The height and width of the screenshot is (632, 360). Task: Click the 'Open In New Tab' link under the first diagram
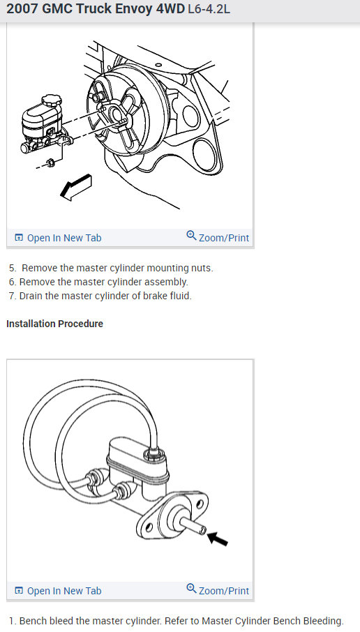click(x=63, y=238)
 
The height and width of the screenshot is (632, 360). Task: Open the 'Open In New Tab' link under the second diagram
click(x=63, y=591)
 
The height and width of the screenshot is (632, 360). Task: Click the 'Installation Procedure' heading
click(x=54, y=324)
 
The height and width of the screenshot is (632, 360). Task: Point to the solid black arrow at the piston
click(x=218, y=538)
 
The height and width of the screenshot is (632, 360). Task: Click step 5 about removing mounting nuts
click(x=112, y=268)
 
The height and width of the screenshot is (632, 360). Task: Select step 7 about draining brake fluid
click(x=100, y=296)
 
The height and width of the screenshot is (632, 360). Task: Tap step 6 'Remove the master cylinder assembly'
click(x=98, y=282)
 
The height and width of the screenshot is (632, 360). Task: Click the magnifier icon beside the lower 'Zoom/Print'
click(x=191, y=589)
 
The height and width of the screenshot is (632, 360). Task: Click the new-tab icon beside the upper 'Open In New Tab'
click(x=19, y=238)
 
